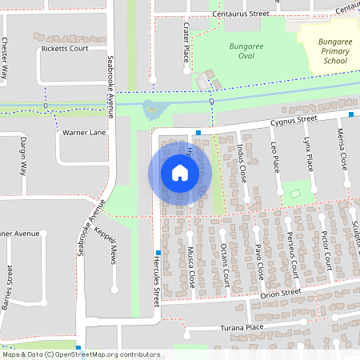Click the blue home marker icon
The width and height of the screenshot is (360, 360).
(179, 173)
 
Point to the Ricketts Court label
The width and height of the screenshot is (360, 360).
(65, 49)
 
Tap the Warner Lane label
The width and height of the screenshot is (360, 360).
(85, 133)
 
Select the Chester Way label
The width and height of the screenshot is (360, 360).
(6, 60)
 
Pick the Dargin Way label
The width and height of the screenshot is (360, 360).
(22, 155)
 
